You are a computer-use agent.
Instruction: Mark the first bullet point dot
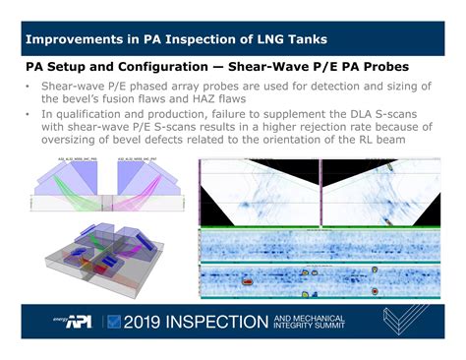[28, 89]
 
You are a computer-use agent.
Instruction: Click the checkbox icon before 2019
[114, 321]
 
